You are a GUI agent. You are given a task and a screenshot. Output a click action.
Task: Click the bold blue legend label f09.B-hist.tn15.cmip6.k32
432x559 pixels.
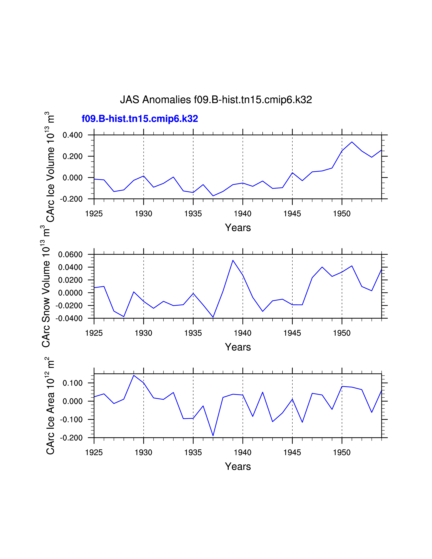pyautogui.click(x=140, y=119)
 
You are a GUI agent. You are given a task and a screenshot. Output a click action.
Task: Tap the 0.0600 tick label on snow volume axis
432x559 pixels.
pyautogui.click(x=70, y=254)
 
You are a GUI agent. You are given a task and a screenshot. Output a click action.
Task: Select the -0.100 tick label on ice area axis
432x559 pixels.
pyautogui.click(x=71, y=420)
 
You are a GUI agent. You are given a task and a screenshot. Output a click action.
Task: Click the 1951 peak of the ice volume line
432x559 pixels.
pyautogui.click(x=352, y=142)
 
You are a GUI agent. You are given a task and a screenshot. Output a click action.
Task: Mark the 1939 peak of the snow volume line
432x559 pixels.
pyautogui.click(x=233, y=260)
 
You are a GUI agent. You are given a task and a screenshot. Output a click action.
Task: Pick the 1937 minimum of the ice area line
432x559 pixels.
pyautogui.click(x=213, y=436)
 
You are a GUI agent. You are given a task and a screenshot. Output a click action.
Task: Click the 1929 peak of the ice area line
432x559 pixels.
pyautogui.click(x=134, y=375)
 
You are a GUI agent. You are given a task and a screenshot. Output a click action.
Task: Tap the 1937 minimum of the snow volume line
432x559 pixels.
pyautogui.click(x=213, y=317)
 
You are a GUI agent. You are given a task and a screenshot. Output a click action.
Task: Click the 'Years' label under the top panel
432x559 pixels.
pyautogui.click(x=238, y=227)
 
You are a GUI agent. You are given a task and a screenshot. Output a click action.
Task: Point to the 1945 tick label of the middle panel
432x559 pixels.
pyautogui.click(x=292, y=333)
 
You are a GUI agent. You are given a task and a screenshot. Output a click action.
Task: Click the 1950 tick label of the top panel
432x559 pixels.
pyautogui.click(x=342, y=213)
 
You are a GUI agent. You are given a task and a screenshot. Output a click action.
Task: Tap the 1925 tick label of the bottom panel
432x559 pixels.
pyautogui.click(x=94, y=452)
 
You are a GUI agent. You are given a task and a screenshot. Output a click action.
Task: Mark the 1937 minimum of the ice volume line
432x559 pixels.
pyautogui.click(x=213, y=196)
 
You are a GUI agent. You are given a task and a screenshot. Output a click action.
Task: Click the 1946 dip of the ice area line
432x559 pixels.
pyautogui.click(x=302, y=422)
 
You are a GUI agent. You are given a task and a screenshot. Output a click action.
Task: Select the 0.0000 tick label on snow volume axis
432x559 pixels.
pyautogui.click(x=70, y=293)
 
